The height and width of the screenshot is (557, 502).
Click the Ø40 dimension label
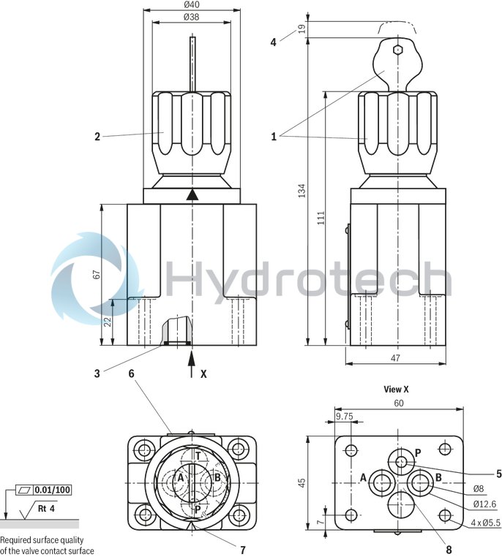click(192, 6)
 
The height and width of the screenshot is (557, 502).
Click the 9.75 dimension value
click(343, 416)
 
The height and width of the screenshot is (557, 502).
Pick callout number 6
click(131, 373)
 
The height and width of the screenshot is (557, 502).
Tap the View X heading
click(396, 389)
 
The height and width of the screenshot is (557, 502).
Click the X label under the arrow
click(204, 373)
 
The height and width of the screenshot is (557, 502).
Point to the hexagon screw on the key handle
click(397, 50)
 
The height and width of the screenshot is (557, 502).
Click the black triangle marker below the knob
click(192, 194)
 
